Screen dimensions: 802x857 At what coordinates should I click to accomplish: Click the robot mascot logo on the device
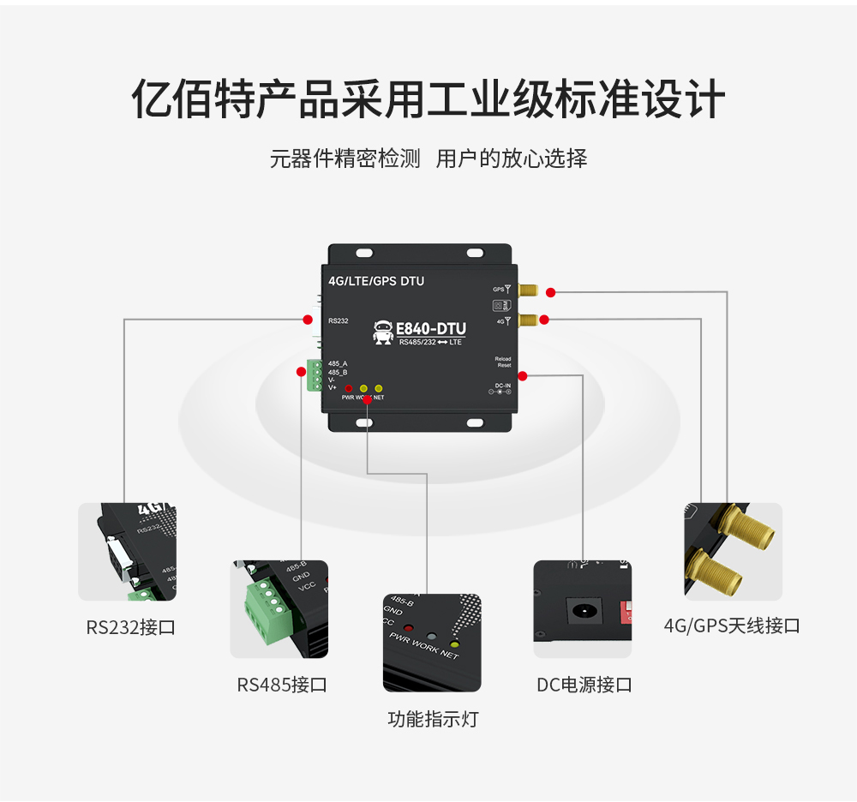pos(383,332)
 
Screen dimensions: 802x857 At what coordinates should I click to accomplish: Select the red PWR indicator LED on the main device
pos(349,388)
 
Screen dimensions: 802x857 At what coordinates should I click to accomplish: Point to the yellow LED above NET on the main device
pos(379,388)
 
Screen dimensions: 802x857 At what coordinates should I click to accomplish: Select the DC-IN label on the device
pos(502,386)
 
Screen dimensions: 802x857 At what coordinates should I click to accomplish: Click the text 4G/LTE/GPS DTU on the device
pos(376,281)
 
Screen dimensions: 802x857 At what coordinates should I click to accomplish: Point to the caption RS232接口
pos(130,627)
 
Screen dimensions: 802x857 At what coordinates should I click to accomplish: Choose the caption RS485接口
pos(282,685)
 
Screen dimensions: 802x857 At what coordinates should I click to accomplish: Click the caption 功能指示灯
pos(433,719)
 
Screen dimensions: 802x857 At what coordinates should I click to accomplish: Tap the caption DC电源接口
pos(584,685)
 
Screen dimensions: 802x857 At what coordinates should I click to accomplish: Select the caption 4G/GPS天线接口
pos(732,625)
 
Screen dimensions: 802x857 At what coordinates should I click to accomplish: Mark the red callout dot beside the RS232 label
pos(307,320)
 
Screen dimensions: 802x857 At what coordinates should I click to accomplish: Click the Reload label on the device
pos(502,358)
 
